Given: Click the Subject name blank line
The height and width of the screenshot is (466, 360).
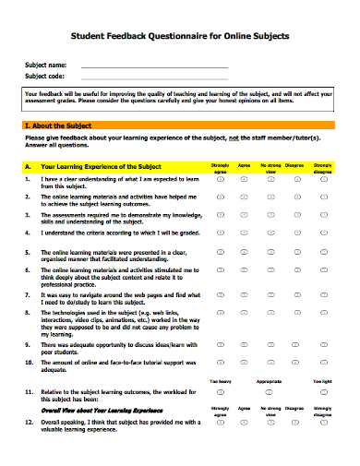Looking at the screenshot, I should click(x=153, y=66).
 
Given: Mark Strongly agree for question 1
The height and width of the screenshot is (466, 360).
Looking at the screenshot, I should click(x=221, y=182).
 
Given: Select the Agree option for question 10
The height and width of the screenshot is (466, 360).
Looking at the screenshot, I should click(x=245, y=363).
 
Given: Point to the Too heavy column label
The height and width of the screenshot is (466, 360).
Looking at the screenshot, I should click(x=221, y=380).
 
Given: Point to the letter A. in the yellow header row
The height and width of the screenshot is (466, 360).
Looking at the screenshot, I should click(x=28, y=167).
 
